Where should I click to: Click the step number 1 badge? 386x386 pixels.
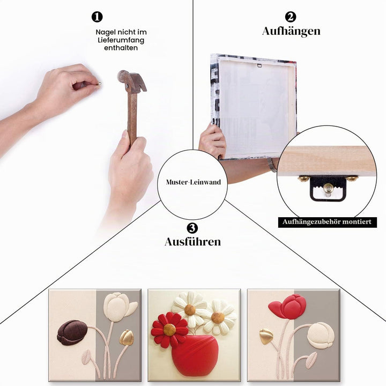point(97,17)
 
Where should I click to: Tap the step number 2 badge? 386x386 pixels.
point(291,17)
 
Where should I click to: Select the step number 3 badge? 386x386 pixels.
point(192,228)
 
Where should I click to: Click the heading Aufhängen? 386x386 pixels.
point(291,32)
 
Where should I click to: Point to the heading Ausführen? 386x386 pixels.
point(193,242)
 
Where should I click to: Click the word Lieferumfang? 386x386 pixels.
point(121,40)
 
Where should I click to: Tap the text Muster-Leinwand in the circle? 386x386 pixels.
point(194,182)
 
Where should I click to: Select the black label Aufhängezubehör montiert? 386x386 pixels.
point(327,222)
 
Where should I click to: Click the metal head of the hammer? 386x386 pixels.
point(132,81)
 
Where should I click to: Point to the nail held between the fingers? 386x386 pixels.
point(100,83)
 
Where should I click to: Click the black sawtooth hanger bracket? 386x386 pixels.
point(328,188)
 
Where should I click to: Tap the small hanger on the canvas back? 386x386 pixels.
point(259,65)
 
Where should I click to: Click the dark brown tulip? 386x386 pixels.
point(72,332)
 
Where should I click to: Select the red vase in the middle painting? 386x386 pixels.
point(195,355)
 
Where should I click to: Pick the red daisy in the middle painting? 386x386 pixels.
point(169,330)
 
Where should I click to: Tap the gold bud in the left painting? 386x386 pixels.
point(127,337)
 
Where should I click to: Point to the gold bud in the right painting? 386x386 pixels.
point(266,336)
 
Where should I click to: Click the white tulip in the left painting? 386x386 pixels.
point(119,307)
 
